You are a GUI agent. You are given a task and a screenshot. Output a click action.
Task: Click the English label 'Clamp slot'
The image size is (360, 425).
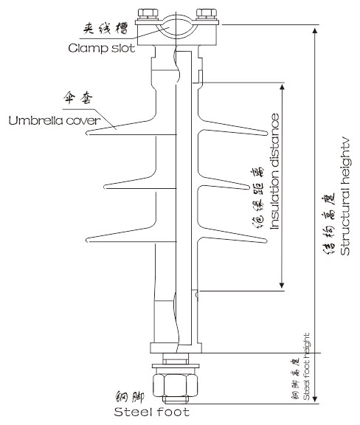pos(101,48)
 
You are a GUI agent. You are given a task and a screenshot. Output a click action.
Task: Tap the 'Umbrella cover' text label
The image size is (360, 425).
pos(55,120)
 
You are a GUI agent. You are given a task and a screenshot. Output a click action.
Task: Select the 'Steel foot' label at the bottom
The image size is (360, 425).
pos(151,412)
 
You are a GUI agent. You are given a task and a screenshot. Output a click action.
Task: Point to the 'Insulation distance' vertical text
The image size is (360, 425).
pos(274,171)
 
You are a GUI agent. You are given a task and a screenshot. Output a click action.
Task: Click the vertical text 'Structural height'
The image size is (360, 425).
pos(345,198)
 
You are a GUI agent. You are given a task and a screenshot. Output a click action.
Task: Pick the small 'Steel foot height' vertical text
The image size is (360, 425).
pos(306,367)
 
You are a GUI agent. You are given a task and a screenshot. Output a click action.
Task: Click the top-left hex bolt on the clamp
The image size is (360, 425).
pos(148,13)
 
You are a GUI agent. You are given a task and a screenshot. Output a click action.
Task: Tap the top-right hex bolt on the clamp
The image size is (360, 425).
pos(207,13)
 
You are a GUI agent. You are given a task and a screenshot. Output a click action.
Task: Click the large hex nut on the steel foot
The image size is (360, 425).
pos(175,385)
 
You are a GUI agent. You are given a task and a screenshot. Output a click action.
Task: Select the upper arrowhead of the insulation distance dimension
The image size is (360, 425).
pos(282,87)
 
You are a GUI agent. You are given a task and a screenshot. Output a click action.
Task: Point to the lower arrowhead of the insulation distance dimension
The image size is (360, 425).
pos(282,285)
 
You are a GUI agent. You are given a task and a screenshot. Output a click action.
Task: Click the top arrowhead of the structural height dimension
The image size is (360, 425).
pos(315,30)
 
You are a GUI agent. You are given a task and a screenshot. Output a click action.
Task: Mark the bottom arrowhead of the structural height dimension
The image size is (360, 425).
pos(315,398)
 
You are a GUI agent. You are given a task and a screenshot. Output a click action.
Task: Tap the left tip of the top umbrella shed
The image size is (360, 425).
pos(87,133)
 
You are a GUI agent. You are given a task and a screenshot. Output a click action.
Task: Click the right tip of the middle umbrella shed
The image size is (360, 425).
pos(249,187)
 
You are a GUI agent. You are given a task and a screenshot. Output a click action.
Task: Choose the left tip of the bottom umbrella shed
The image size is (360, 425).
pos(86,240)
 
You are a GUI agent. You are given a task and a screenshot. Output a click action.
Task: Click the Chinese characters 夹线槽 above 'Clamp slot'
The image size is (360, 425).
pos(105,28)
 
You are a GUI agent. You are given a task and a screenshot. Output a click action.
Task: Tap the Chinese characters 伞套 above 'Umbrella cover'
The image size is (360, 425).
pos(78,98)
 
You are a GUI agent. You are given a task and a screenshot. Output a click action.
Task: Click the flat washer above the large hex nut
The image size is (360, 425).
pos(176,366)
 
